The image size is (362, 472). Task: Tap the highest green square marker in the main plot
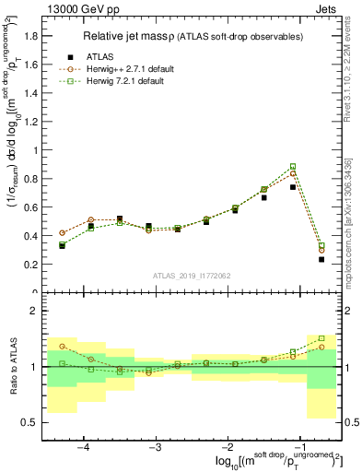coord(293,167)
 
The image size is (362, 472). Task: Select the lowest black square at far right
coord(321,259)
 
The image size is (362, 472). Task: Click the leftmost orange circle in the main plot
coord(62,233)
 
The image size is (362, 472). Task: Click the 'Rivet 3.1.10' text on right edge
coord(354,111)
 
